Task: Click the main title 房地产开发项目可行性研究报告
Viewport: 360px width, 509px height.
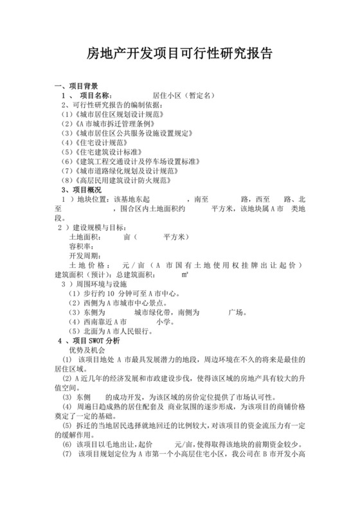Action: (x=179, y=53)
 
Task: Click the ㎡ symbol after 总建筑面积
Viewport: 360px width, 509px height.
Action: (x=184, y=274)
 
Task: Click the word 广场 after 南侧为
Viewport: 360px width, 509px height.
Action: (x=236, y=312)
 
